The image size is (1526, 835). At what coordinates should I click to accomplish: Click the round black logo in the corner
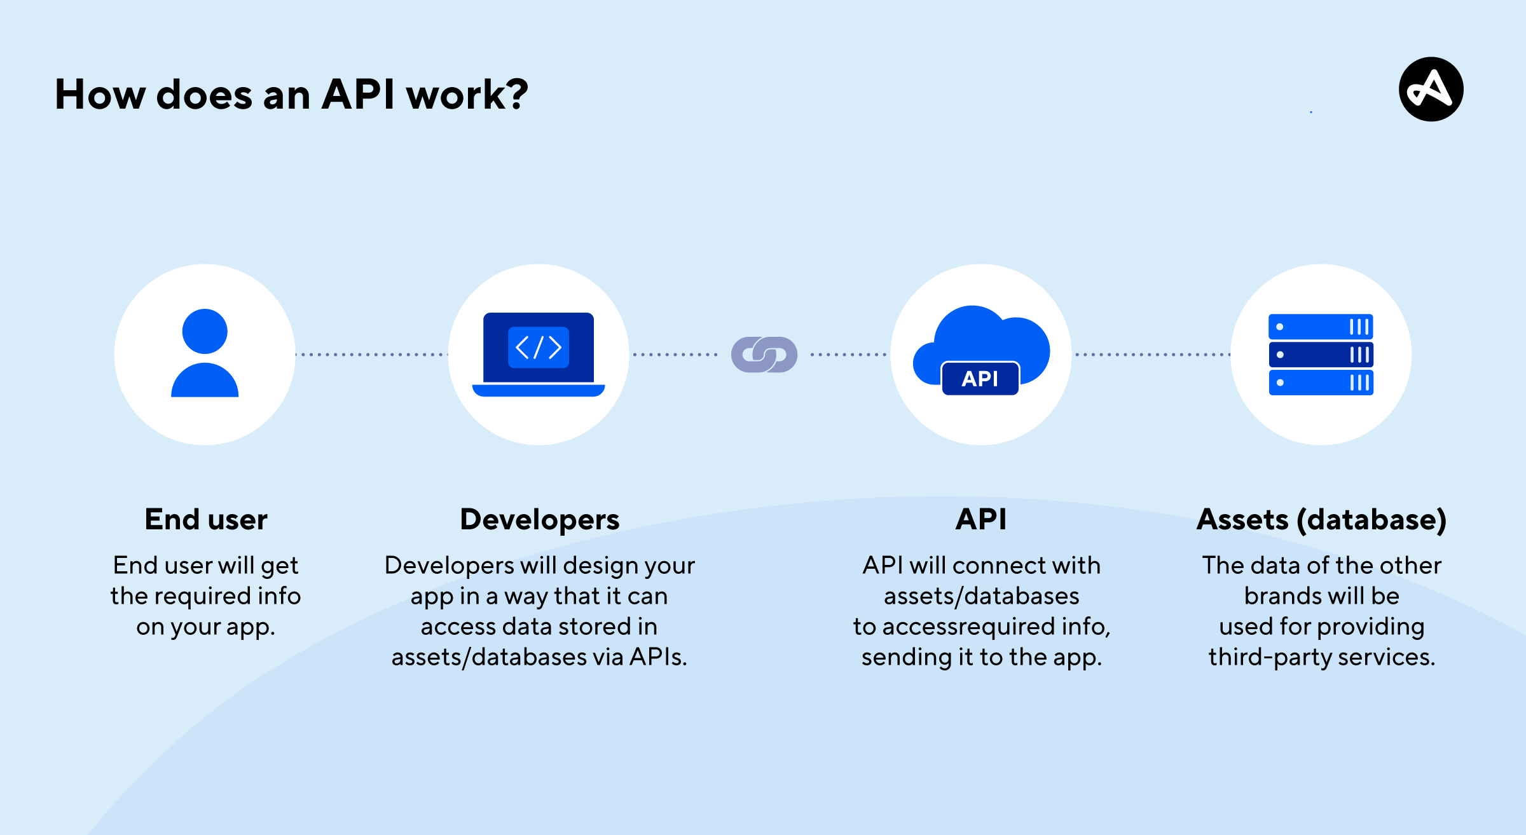[1431, 89]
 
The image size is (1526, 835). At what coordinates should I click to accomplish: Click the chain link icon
[764, 355]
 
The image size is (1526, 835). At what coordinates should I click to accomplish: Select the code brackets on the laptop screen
[539, 348]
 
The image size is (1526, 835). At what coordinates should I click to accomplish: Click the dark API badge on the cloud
[980, 379]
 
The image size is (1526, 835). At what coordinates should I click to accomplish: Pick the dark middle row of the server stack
[1321, 355]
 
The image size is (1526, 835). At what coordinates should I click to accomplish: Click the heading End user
[206, 520]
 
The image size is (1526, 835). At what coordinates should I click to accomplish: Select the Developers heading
[539, 520]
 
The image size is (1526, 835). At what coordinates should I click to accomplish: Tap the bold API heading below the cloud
[980, 520]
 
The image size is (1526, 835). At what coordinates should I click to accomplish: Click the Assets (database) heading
[1321, 520]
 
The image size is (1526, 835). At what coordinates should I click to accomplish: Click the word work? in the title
[467, 95]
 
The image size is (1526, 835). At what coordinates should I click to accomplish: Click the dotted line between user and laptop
[372, 355]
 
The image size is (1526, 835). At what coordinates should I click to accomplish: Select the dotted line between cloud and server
[1151, 355]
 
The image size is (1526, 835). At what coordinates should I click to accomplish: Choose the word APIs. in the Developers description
[658, 657]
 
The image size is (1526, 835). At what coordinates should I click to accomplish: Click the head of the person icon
[205, 331]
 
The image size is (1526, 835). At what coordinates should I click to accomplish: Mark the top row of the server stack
[1321, 327]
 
